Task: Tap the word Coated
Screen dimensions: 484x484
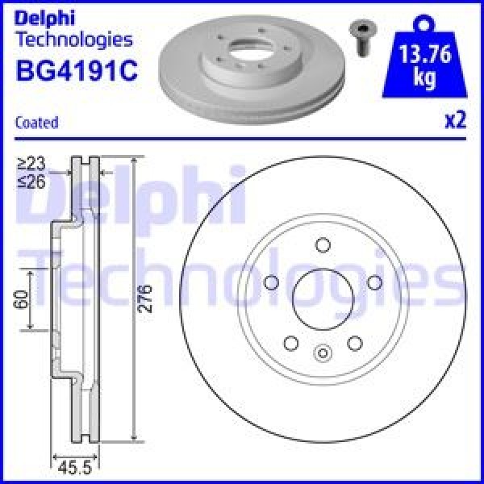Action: (x=37, y=122)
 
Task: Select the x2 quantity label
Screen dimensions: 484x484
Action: (x=455, y=120)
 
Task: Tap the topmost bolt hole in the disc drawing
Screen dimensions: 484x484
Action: (x=322, y=245)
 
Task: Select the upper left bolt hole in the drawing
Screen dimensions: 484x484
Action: (x=271, y=282)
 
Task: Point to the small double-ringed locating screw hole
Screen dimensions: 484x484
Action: (x=322, y=352)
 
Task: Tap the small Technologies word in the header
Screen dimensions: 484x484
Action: (x=73, y=39)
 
